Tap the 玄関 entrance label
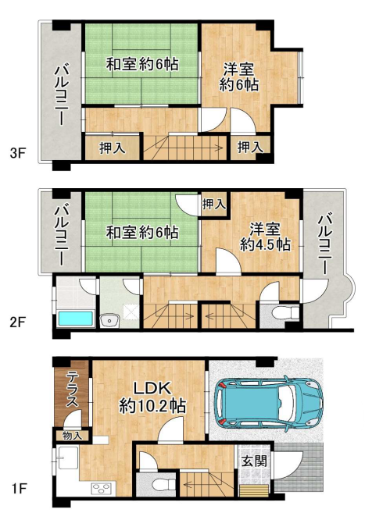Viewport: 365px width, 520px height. pyautogui.click(x=254, y=461)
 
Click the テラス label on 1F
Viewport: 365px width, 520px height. pyautogui.click(x=72, y=389)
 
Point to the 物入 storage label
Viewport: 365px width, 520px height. pyautogui.click(x=72, y=436)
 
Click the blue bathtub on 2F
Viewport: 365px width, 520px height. pyautogui.click(x=76, y=319)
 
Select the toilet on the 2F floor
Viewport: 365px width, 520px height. pyautogui.click(x=285, y=312)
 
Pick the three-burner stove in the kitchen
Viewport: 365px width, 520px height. pyautogui.click(x=102, y=487)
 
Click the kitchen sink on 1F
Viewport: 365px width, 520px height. pyautogui.click(x=69, y=458)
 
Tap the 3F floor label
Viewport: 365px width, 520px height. pyautogui.click(x=18, y=153)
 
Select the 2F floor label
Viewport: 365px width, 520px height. pyautogui.click(x=18, y=322)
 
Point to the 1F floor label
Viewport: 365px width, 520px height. pyautogui.click(x=18, y=488)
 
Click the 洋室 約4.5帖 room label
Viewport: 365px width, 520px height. pyautogui.click(x=265, y=237)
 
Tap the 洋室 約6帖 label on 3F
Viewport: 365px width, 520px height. pyautogui.click(x=239, y=77)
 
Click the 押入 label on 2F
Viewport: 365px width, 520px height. pyautogui.click(x=214, y=204)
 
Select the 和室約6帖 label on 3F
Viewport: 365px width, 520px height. pyautogui.click(x=142, y=64)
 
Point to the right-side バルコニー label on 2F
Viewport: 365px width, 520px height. pyautogui.click(x=324, y=244)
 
